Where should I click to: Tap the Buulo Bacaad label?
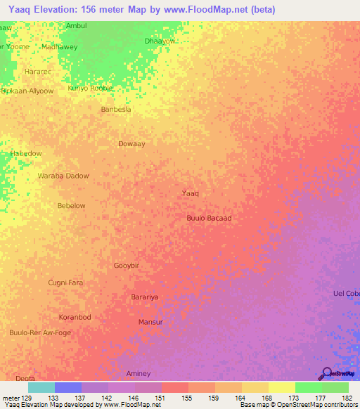click(209, 218)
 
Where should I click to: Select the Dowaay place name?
click(131, 143)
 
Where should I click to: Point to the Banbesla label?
click(116, 110)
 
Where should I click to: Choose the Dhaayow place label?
click(159, 41)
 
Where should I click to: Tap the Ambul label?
click(76, 25)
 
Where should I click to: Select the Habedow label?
click(26, 153)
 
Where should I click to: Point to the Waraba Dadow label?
click(63, 176)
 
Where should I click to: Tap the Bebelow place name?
click(71, 206)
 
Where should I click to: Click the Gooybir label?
click(128, 266)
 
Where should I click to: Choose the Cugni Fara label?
click(65, 283)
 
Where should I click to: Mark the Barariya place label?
click(145, 297)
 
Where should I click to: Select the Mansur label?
click(150, 322)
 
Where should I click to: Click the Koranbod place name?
click(75, 317)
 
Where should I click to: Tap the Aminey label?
click(139, 372)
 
